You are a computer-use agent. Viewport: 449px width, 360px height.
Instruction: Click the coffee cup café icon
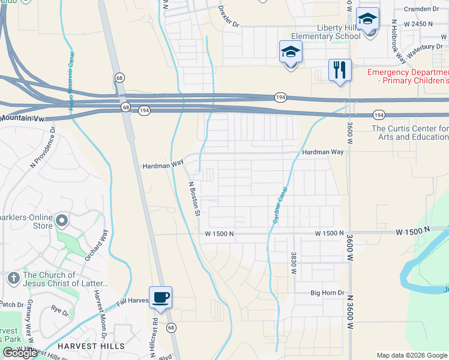pyautogui.click(x=160, y=297)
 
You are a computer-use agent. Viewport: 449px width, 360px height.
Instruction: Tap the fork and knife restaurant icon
pyautogui.click(x=340, y=70)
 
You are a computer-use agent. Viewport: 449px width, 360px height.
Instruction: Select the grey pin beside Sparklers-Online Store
pyautogui.click(x=61, y=221)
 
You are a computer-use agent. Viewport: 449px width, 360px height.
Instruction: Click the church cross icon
pyautogui.click(x=13, y=278)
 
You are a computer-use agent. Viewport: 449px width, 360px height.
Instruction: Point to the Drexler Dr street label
pyautogui.click(x=229, y=17)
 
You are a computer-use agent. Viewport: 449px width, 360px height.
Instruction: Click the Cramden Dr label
pyautogui.click(x=421, y=9)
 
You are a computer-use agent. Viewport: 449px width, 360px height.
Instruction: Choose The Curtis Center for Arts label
pyautogui.click(x=410, y=133)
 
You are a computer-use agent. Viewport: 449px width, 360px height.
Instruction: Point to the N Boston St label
pyautogui.click(x=194, y=198)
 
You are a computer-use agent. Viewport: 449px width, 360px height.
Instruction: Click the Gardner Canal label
pyautogui.click(x=279, y=206)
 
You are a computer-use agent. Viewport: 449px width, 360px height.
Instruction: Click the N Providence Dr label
pyautogui.click(x=44, y=147)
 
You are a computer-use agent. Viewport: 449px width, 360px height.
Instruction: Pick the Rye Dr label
pyautogui.click(x=60, y=310)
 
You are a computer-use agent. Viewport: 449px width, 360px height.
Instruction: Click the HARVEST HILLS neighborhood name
pyautogui.click(x=91, y=346)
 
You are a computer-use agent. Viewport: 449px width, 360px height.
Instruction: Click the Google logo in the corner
pyautogui.click(x=20, y=353)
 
